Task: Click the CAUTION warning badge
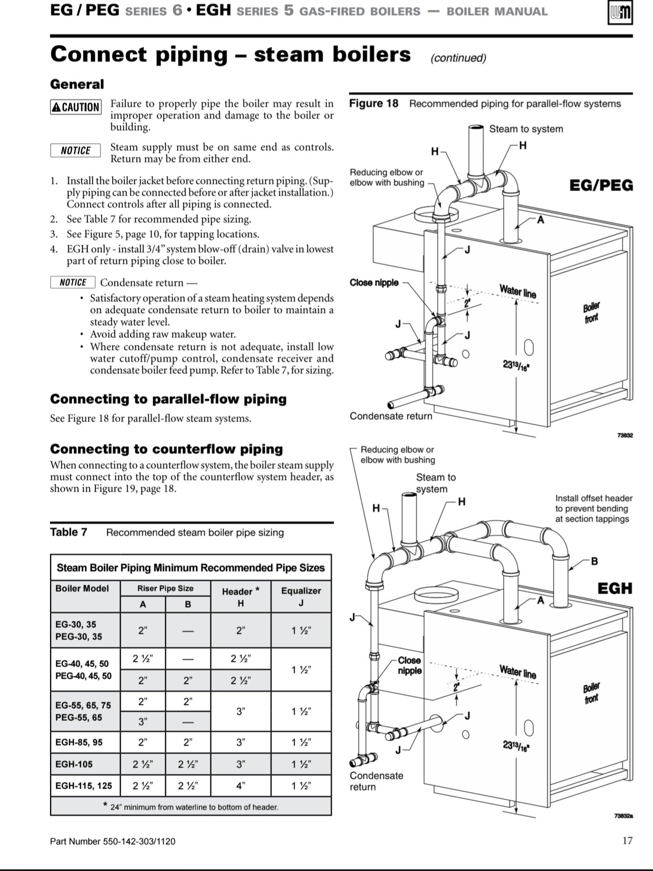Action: [75, 107]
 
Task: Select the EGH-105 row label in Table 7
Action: [74, 764]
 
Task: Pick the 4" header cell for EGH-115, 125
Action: [240, 786]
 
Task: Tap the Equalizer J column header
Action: [301, 597]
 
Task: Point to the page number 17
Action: [627, 841]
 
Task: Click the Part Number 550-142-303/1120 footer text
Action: [113, 842]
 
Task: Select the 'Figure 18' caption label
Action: [373, 103]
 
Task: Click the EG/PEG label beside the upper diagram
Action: [601, 185]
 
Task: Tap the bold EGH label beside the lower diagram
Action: [615, 588]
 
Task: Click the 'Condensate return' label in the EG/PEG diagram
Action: [391, 416]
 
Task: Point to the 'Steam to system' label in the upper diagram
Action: [526, 129]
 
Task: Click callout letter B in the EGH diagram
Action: [595, 561]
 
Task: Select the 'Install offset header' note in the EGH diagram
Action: [593, 509]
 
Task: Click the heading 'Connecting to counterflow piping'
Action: [166, 449]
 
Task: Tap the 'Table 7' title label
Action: [69, 533]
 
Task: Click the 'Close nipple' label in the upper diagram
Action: [374, 282]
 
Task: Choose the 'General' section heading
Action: [77, 85]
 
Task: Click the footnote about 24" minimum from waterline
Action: [191, 807]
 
